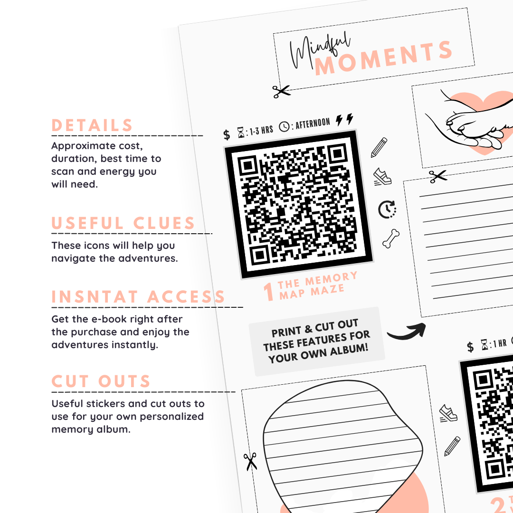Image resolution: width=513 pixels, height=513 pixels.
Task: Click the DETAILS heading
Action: (x=92, y=125)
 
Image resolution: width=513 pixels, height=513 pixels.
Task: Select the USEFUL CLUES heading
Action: (x=123, y=223)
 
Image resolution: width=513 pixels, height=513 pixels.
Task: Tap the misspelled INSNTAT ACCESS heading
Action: (x=138, y=297)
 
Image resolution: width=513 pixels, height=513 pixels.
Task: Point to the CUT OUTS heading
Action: (x=101, y=381)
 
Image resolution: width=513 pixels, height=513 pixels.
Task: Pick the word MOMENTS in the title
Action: (x=383, y=58)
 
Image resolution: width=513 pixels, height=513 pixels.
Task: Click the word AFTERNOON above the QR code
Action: (x=313, y=124)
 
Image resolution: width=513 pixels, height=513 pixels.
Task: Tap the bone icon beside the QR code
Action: (x=391, y=238)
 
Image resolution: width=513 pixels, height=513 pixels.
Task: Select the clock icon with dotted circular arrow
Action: (x=388, y=209)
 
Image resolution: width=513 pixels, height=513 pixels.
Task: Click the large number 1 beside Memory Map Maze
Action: (x=269, y=291)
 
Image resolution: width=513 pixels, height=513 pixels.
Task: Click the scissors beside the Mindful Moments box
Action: (x=281, y=91)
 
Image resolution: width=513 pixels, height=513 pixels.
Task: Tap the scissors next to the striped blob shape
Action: (x=250, y=461)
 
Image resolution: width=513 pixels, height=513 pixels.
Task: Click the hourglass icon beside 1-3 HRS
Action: (x=241, y=133)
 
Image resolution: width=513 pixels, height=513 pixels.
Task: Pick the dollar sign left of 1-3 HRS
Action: (x=227, y=135)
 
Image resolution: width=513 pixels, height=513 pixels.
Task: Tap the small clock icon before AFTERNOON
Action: (x=284, y=127)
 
